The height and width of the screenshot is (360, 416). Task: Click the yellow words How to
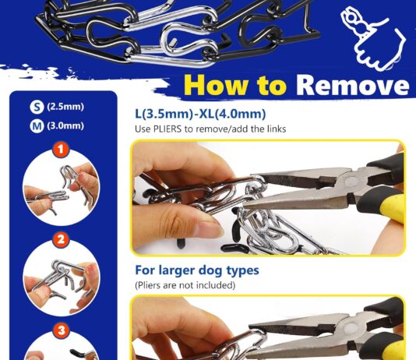[x=235, y=85]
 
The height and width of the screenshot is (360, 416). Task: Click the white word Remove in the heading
[x=352, y=85]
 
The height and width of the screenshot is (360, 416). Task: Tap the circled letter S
[x=37, y=108]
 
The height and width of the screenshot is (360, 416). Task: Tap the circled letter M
[x=37, y=126]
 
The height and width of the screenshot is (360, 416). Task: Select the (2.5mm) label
[x=65, y=107]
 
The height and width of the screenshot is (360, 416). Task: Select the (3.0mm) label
[x=65, y=125]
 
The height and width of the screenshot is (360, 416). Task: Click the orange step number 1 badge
[x=61, y=150]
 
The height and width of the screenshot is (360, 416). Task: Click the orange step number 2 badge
[x=61, y=240]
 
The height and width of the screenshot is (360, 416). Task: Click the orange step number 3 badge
[x=62, y=330]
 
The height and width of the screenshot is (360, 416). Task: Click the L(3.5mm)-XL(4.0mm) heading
[x=200, y=114]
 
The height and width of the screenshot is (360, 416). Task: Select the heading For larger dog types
[x=197, y=270]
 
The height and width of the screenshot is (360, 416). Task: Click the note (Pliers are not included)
[x=185, y=285]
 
